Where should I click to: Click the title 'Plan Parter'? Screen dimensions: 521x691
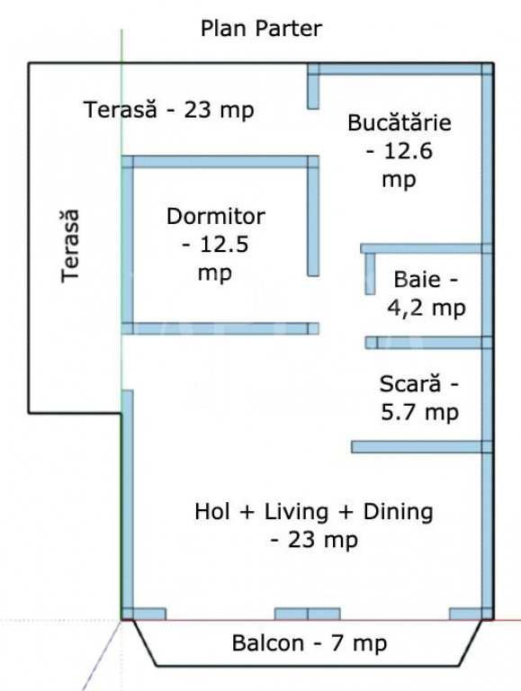click(261, 29)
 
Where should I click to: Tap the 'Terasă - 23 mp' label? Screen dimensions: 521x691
click(169, 109)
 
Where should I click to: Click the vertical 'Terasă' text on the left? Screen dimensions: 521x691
click(70, 246)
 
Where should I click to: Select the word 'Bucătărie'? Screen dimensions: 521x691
click(400, 122)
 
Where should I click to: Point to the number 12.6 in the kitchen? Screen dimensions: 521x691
click(409, 151)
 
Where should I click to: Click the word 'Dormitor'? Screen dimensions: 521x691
click(216, 216)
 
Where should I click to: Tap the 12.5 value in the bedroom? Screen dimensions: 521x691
click(224, 245)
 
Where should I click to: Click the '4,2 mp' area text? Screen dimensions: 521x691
click(427, 308)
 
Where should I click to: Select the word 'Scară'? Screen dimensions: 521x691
click(410, 383)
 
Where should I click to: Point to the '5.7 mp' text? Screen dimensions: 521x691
click(419, 412)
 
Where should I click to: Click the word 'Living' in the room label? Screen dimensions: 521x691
click(296, 512)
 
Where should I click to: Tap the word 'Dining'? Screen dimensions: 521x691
click(398, 512)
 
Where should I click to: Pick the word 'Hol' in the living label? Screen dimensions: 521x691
click(212, 512)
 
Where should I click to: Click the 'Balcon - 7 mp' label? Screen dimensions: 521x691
click(310, 643)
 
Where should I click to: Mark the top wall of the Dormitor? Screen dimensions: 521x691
click(220, 162)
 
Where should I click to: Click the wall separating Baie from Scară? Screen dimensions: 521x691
click(428, 343)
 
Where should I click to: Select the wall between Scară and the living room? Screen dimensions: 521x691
click(421, 447)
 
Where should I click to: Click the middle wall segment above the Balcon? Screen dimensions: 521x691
click(307, 614)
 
